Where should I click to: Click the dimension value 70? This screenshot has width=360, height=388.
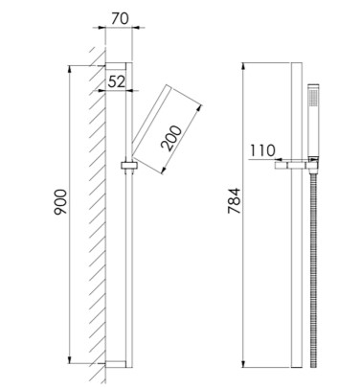[x=120, y=18]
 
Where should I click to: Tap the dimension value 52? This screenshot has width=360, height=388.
[x=116, y=81]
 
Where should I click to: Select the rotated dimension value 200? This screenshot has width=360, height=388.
[x=171, y=138]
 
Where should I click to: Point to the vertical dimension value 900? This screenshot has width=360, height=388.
[x=60, y=202]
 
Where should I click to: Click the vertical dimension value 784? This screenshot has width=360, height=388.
[x=234, y=201]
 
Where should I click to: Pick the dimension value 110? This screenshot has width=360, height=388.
[x=262, y=150]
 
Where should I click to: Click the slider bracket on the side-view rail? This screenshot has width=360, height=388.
[x=129, y=166]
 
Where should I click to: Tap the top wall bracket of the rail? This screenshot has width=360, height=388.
[x=116, y=66]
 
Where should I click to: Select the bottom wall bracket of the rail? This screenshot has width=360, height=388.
[x=116, y=364]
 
